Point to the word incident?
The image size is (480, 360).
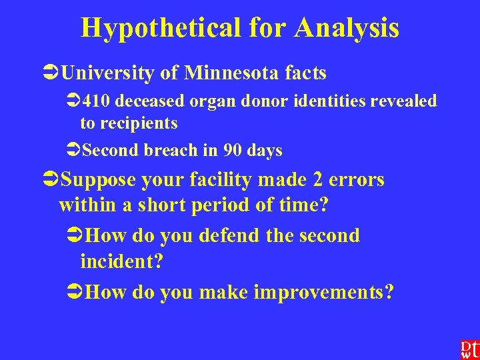pyautogui.click(x=121, y=262)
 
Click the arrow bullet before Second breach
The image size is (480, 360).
pyautogui.click(x=73, y=151)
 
